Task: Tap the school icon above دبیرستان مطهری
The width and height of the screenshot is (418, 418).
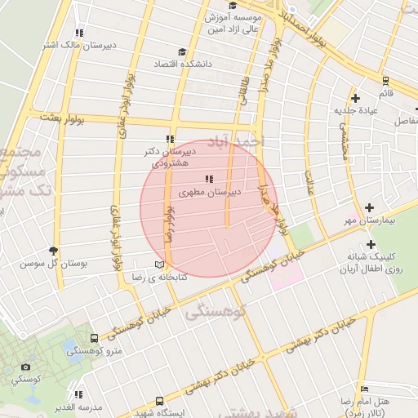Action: point(210,178)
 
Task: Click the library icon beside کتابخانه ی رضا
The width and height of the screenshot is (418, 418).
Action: point(158,265)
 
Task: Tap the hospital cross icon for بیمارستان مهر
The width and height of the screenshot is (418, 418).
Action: point(371,208)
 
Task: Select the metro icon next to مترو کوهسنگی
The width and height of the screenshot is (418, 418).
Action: point(96,337)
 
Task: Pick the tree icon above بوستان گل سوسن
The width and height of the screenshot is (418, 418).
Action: point(54,251)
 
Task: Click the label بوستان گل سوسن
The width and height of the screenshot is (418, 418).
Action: point(43,264)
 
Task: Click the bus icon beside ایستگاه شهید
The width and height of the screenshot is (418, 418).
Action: point(159,402)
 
